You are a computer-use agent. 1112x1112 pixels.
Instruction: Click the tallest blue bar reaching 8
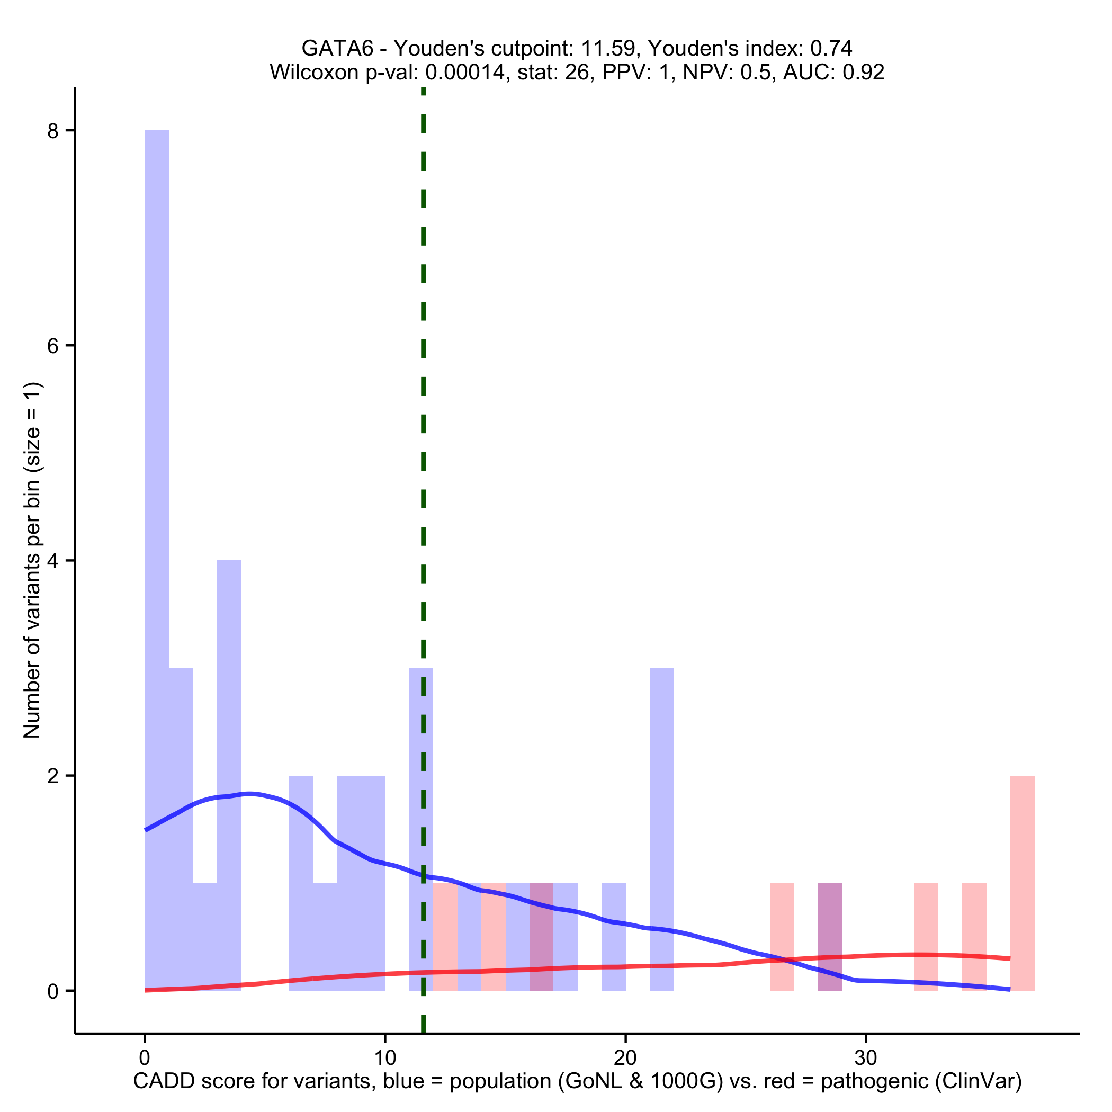point(157,518)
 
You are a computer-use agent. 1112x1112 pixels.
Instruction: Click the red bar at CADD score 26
point(782,935)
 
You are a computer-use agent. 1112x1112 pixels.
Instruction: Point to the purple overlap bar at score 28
point(830,935)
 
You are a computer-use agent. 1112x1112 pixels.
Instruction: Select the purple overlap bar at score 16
point(541,935)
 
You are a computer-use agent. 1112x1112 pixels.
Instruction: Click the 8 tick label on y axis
point(53,131)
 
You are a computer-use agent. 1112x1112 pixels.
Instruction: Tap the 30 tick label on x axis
point(866,1057)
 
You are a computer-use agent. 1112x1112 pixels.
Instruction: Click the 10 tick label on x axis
point(384,1057)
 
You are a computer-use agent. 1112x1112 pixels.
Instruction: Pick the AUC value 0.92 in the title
point(863,73)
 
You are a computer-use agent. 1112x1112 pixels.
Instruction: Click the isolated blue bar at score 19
point(613,935)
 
